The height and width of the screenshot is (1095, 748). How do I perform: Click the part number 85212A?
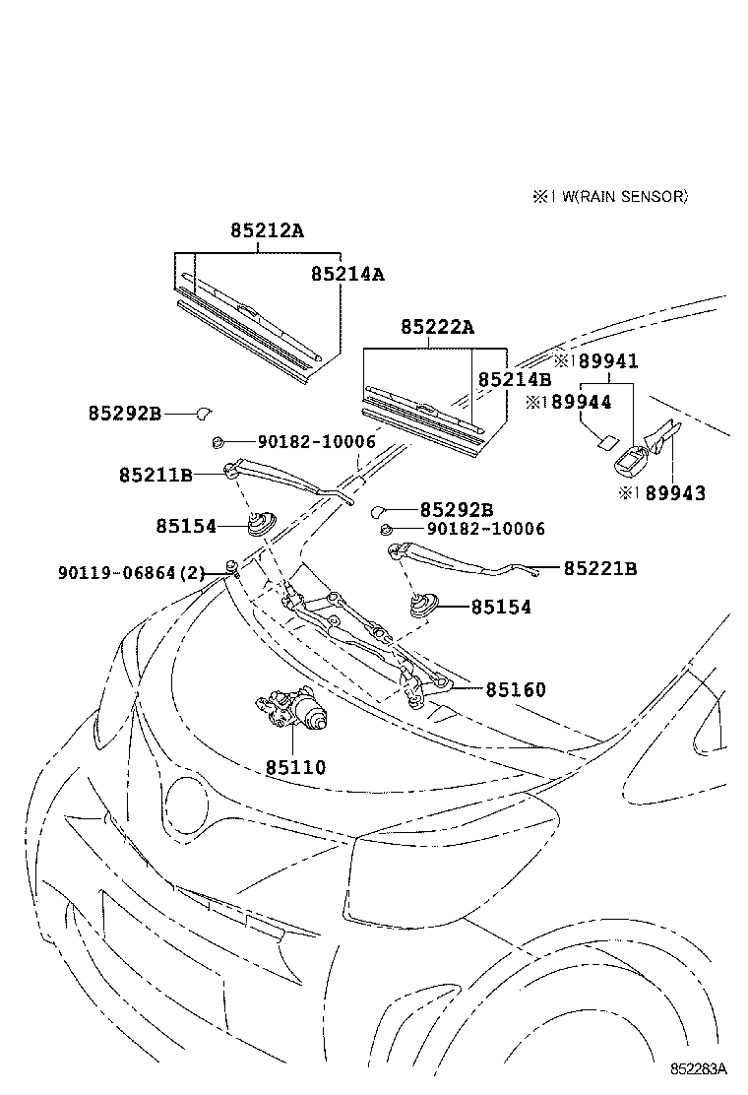[x=268, y=230]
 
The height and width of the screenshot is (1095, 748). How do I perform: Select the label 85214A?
[x=347, y=274]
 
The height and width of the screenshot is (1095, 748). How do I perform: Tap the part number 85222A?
[x=437, y=327]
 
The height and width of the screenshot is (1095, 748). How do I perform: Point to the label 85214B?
[x=515, y=379]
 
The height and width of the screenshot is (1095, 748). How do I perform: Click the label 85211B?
[x=156, y=475]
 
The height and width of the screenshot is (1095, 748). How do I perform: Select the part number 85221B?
[x=600, y=568]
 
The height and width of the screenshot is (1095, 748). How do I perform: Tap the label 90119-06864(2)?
[x=130, y=571]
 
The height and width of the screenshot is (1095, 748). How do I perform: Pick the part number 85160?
[x=515, y=689]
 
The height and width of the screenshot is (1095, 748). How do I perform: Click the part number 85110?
[x=294, y=767]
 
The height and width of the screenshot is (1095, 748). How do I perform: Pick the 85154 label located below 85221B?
[x=500, y=608]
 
